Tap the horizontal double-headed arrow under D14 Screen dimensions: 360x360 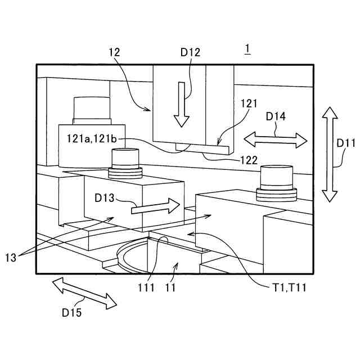(x=276, y=138)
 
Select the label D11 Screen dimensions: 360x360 (x=345, y=143)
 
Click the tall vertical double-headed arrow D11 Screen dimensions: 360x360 (x=330, y=155)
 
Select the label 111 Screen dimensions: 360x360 (x=145, y=287)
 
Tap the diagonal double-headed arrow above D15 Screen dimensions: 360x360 (x=84, y=292)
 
